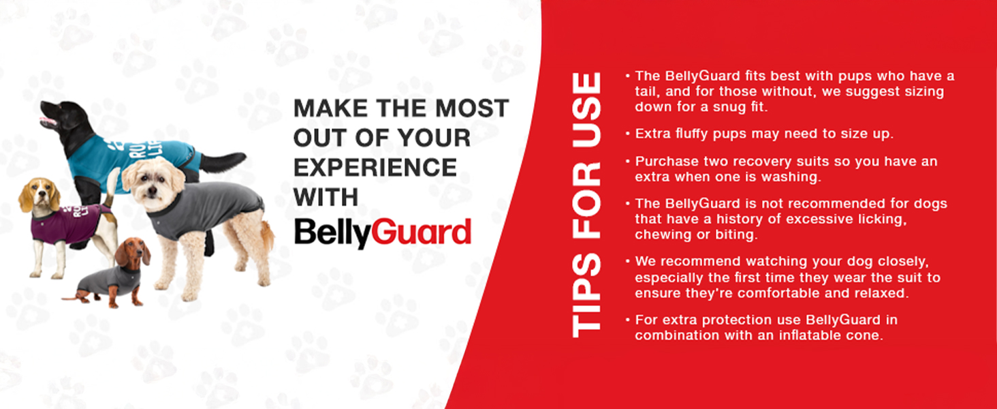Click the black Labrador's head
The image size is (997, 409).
pyautogui.click(x=63, y=117)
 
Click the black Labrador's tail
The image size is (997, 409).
pyautogui.click(x=223, y=162)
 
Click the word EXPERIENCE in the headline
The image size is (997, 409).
pyautogui.click(x=375, y=168)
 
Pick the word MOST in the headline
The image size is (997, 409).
pyautogui.click(x=472, y=108)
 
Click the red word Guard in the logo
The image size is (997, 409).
pyautogui.click(x=421, y=232)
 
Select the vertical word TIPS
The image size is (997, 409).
pyautogui.click(x=586, y=296)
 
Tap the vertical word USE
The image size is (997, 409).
pyautogui.click(x=586, y=110)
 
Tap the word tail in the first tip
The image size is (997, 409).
pyautogui.click(x=646, y=91)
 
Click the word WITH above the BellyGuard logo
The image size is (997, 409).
pyautogui.click(x=326, y=197)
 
